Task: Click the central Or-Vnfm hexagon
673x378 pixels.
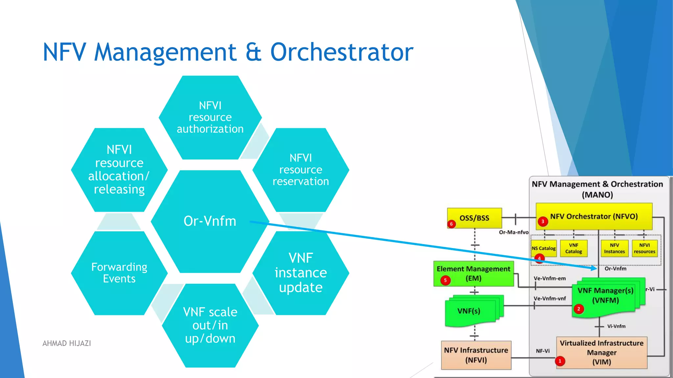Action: click(x=210, y=221)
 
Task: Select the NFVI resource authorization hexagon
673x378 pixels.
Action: click(x=210, y=117)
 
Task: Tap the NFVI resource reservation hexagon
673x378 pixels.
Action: click(x=301, y=170)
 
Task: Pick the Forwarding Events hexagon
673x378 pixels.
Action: click(x=119, y=273)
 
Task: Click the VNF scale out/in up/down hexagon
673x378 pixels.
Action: click(x=210, y=325)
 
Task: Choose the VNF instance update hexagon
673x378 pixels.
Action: click(x=301, y=273)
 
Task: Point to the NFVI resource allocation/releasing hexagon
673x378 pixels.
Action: click(x=119, y=170)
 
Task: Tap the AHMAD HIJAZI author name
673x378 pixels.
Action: click(x=67, y=343)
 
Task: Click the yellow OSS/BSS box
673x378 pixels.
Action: click(x=474, y=218)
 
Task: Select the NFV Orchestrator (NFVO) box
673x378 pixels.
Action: click(x=594, y=217)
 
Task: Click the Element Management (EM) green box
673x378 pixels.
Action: click(x=473, y=273)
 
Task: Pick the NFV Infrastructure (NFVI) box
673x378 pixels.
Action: click(x=476, y=355)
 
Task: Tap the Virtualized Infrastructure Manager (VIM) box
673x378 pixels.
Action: click(x=601, y=352)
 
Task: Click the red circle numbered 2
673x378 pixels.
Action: click(x=579, y=309)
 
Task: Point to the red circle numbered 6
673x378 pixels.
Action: click(x=451, y=224)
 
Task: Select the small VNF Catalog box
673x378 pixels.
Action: click(x=573, y=248)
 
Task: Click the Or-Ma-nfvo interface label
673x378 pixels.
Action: click(x=514, y=232)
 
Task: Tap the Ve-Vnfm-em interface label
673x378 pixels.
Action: click(x=549, y=279)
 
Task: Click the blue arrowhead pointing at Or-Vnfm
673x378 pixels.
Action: click(x=594, y=268)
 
